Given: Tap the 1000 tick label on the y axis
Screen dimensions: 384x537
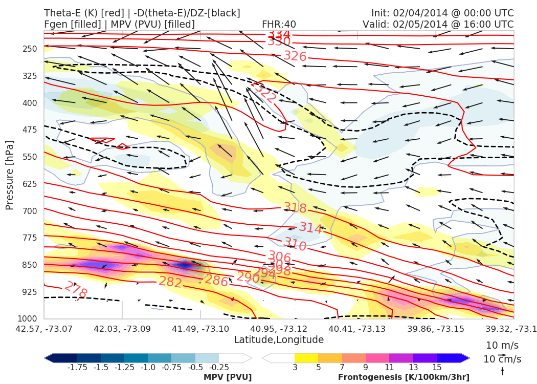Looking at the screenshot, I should (x=29, y=319).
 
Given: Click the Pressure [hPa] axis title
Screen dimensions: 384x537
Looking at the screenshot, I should (x=10, y=175).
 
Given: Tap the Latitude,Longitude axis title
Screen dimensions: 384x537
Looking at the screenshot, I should (x=279, y=340).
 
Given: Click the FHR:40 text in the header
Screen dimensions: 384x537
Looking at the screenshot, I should (x=279, y=24).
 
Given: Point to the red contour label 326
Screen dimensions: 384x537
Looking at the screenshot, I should (x=295, y=56).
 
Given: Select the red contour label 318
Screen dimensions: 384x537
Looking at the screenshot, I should (x=295, y=208).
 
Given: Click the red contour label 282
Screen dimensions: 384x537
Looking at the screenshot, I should (x=170, y=282).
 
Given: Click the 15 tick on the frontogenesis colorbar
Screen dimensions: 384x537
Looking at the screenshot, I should (x=436, y=368).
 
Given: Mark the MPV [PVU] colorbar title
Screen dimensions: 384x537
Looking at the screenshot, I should (x=228, y=377).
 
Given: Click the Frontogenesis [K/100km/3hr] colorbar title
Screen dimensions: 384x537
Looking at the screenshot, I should (x=404, y=377).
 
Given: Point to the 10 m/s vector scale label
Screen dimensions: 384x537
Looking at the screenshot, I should (x=500, y=345).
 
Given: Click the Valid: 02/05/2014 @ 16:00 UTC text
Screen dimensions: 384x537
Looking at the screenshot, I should (x=438, y=24).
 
